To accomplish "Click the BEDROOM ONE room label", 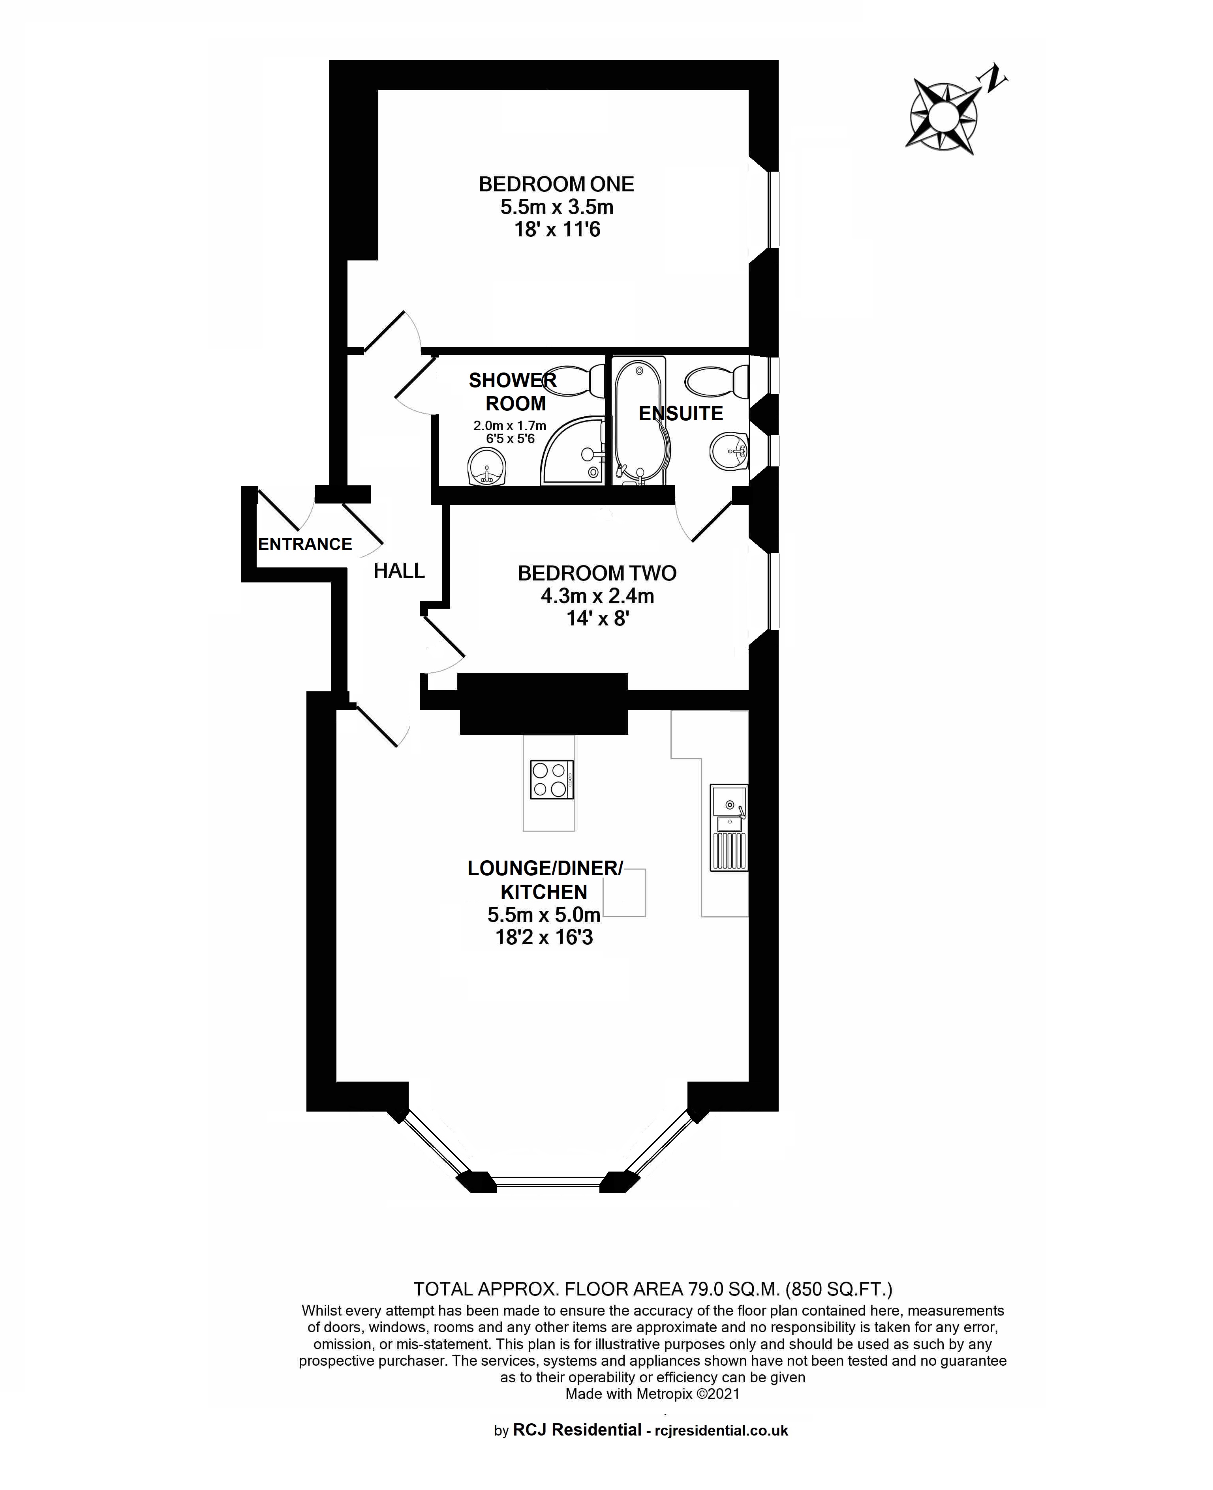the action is point(556,184).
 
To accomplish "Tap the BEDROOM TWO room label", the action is point(597,573).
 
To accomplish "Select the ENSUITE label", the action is point(681,414).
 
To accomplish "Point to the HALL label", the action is point(399,571).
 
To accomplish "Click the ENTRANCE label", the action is point(305,544).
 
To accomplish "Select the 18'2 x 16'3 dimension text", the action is point(545,937).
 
